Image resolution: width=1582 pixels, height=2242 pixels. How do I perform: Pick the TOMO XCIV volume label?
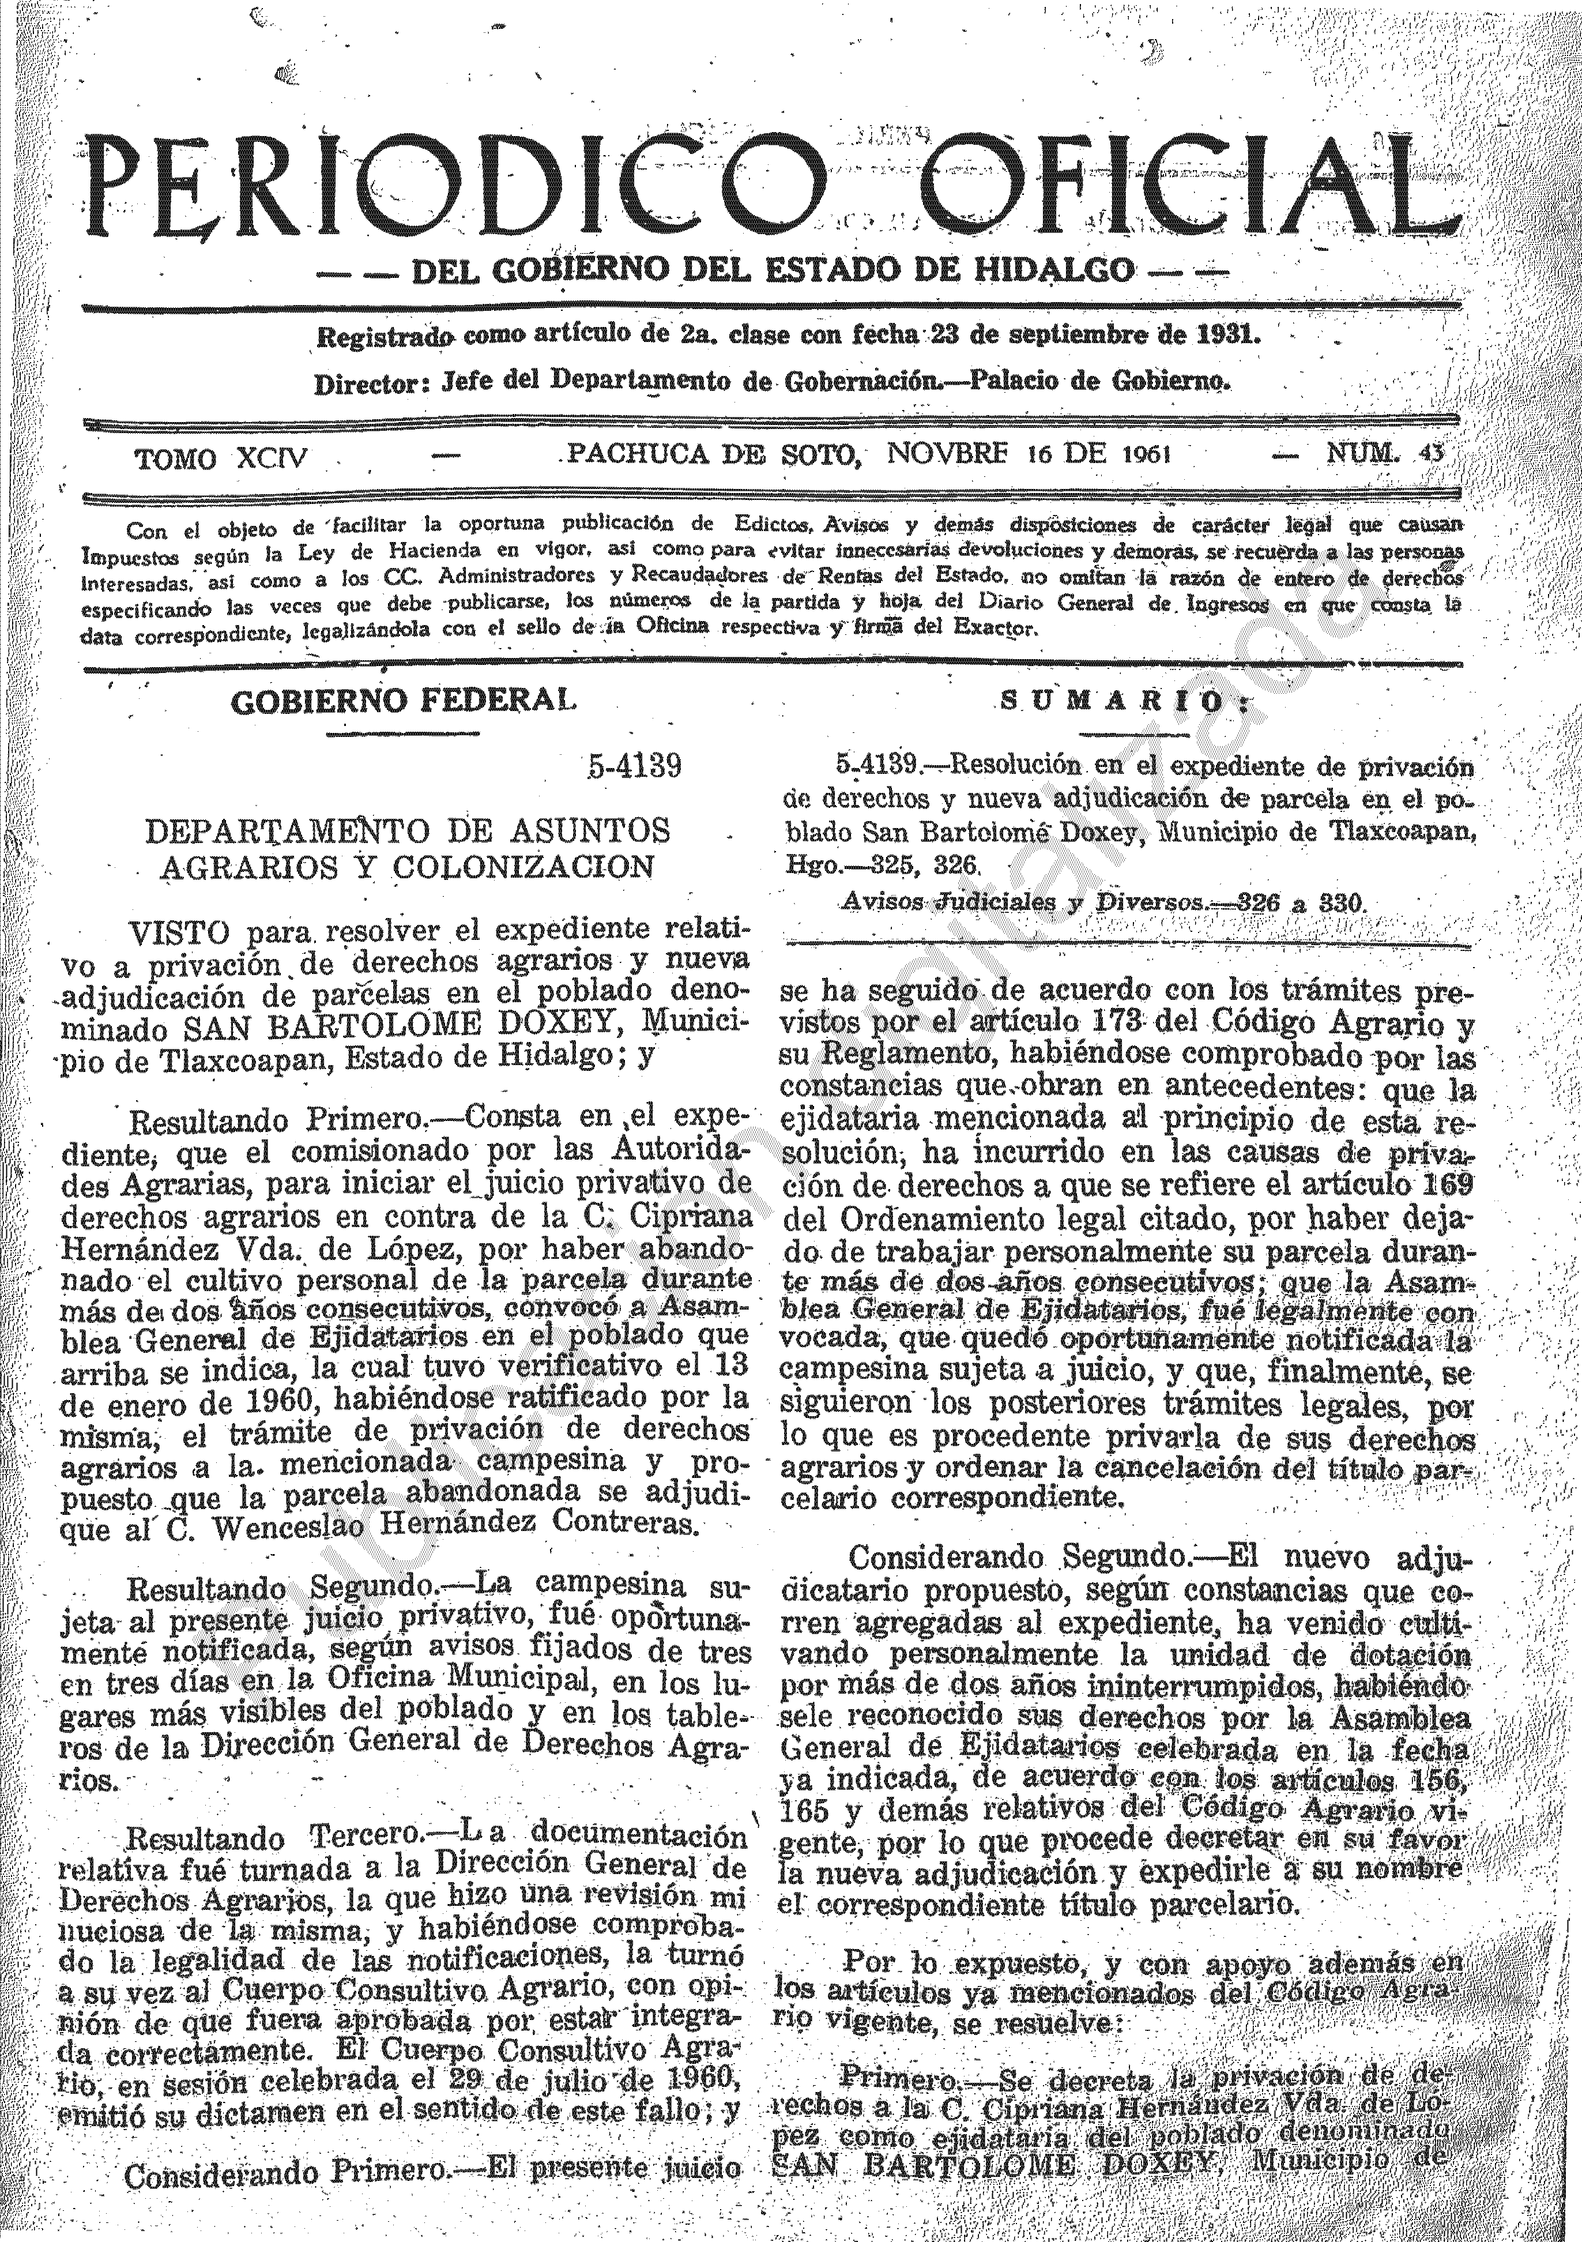coord(221,458)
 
